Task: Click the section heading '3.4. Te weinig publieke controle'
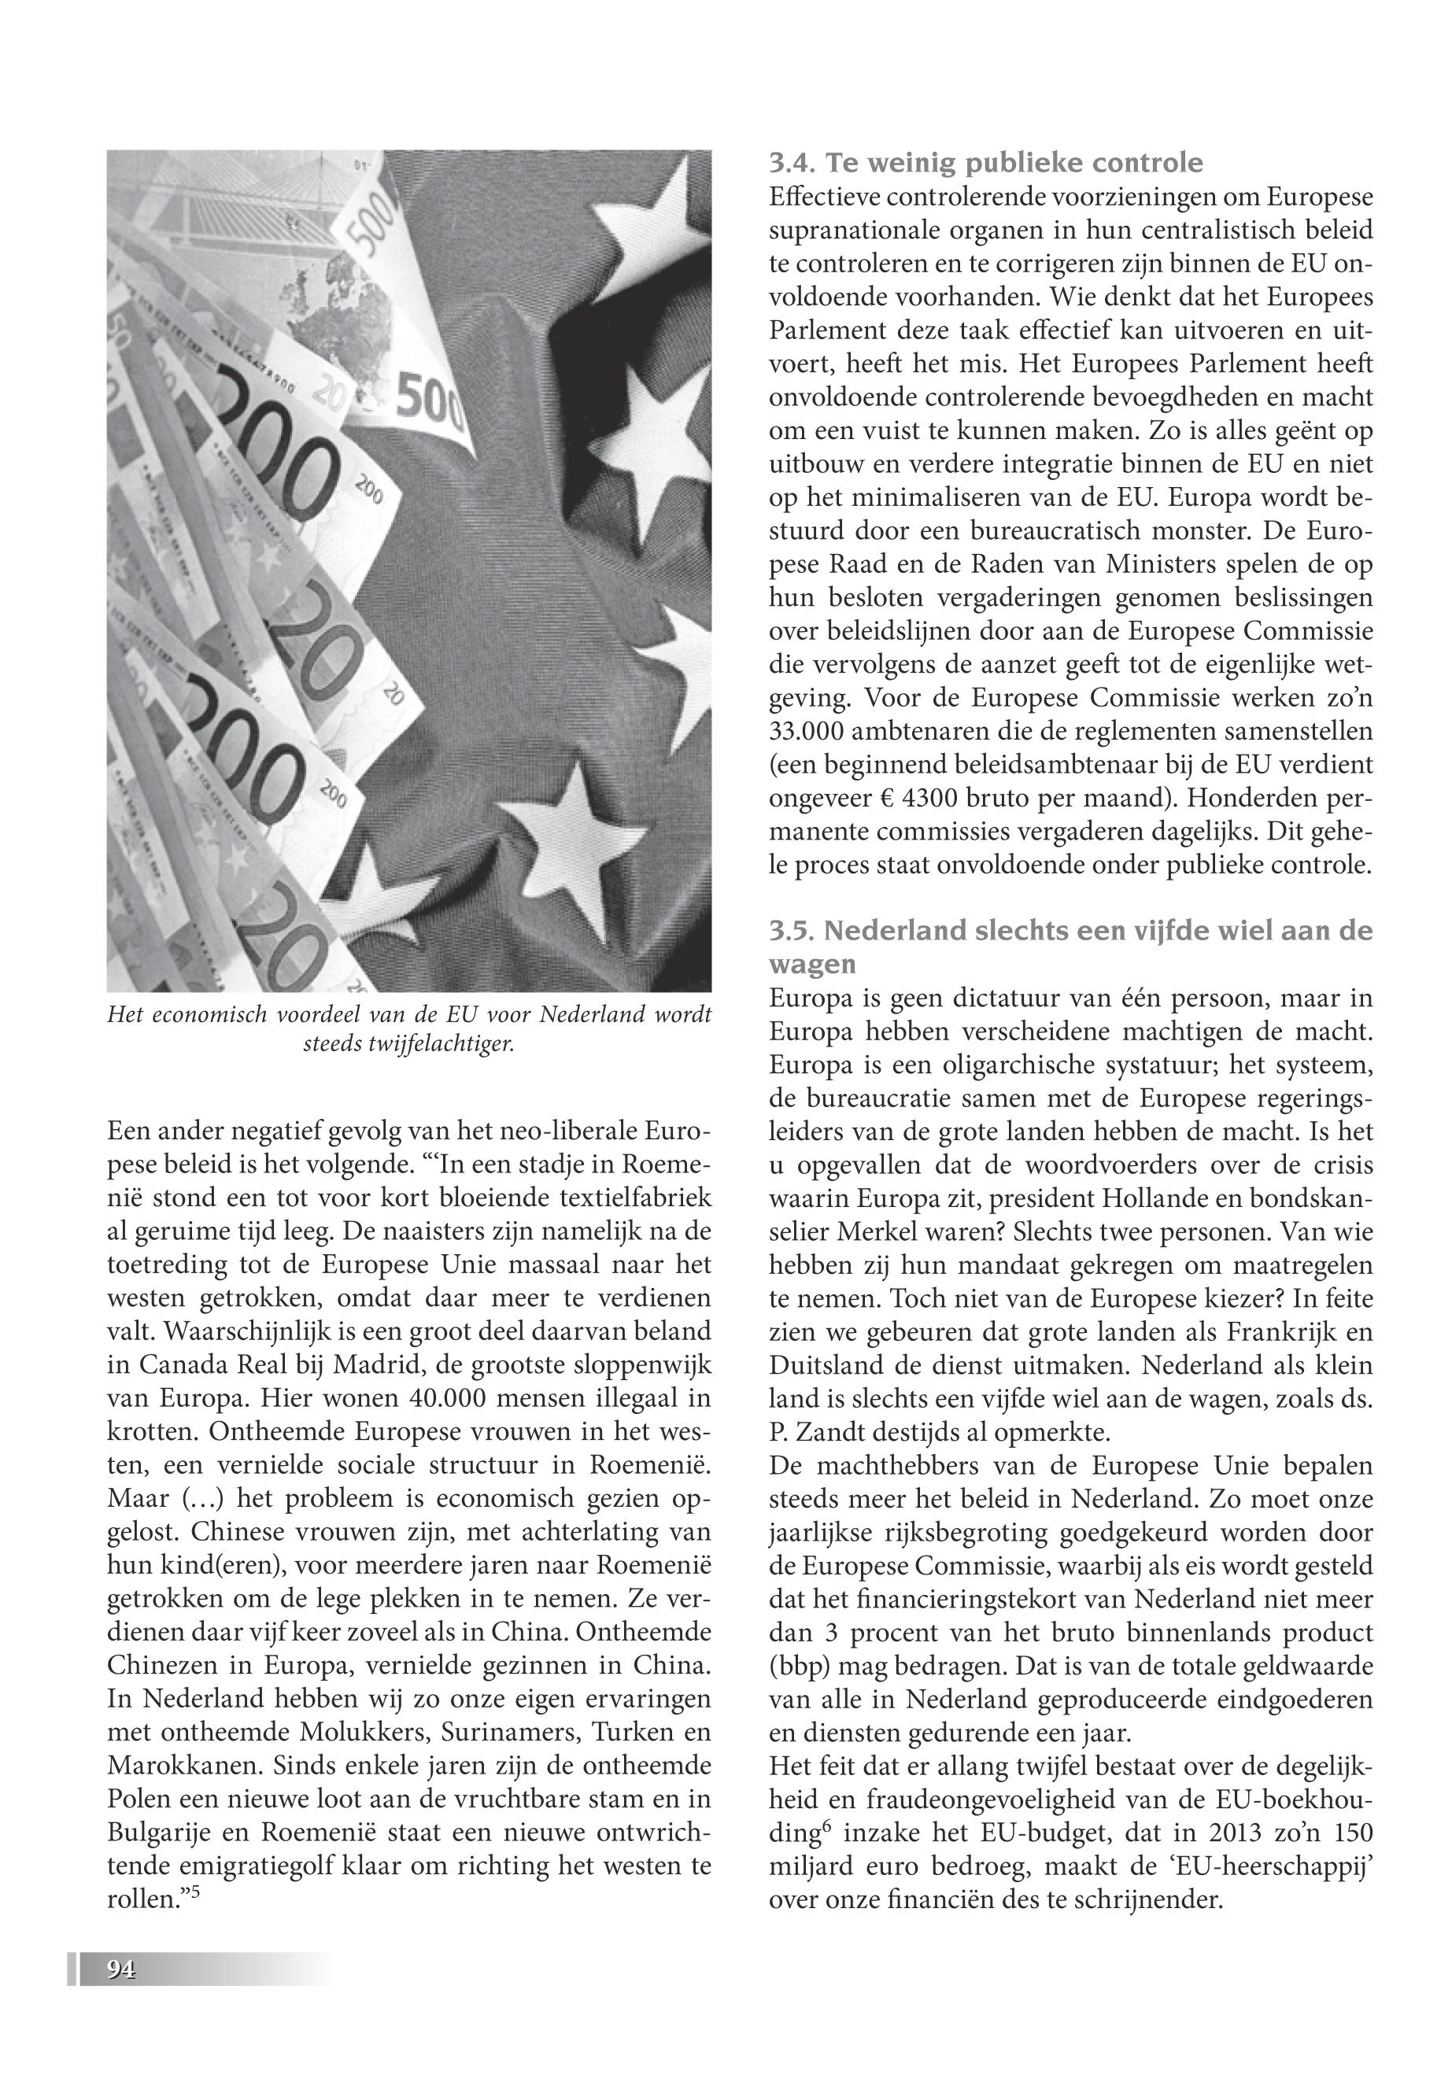coord(985,163)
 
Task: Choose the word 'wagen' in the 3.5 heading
coord(800,963)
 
